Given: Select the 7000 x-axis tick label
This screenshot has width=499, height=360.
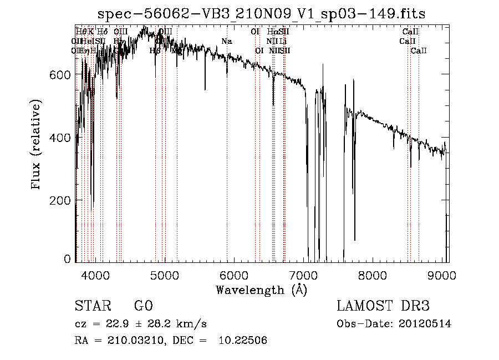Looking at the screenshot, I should pyautogui.click(x=303, y=276).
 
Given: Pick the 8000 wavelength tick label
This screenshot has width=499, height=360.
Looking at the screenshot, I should pyautogui.click(x=373, y=276).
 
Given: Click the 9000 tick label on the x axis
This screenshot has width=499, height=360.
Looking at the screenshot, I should pyautogui.click(x=442, y=276).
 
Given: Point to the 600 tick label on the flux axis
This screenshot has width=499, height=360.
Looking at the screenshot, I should pyautogui.click(x=60, y=75).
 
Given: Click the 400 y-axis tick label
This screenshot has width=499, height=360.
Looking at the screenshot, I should pyautogui.click(x=60, y=138).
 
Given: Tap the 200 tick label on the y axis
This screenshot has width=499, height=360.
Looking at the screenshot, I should pyautogui.click(x=60, y=200).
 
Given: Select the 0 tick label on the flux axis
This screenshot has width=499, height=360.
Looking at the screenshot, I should pyautogui.click(x=67, y=259).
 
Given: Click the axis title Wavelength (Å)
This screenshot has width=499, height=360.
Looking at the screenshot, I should pyautogui.click(x=261, y=290).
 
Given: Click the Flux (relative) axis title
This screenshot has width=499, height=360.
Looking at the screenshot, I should pyautogui.click(x=37, y=145).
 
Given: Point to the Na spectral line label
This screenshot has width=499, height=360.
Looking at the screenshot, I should pyautogui.click(x=226, y=41).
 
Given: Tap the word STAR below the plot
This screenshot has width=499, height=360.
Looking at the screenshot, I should pyautogui.click(x=92, y=306).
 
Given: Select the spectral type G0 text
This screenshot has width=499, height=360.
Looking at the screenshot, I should pyautogui.click(x=143, y=306).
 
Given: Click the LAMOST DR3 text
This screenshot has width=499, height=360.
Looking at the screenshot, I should pyautogui.click(x=383, y=306).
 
